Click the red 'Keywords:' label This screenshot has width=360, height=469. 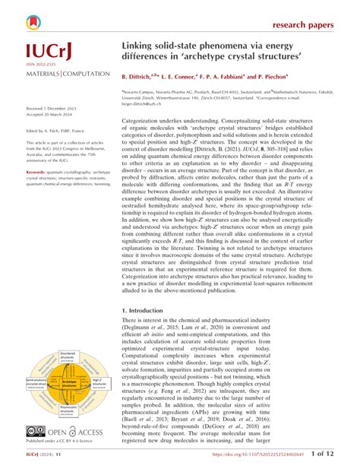point(36,173)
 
